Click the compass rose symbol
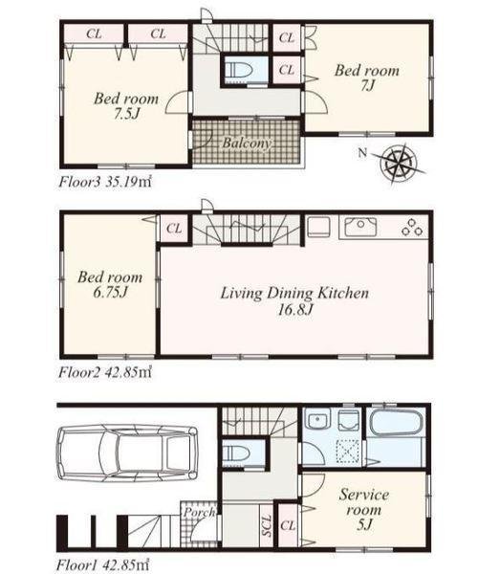coord(400,163)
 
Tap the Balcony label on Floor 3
coord(248,143)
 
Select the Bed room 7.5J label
coord(126,106)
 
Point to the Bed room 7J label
coord(367,77)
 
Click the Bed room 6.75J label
coord(110,284)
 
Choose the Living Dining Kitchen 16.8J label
coord(294,301)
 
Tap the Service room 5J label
coord(364,509)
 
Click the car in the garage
coord(126,453)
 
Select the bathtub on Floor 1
coord(397,424)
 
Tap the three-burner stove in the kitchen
coord(412,227)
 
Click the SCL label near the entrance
coord(267,526)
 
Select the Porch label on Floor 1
coord(199,513)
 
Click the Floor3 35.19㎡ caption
coord(105,182)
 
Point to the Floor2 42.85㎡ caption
coord(105,372)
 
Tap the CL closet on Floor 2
coord(174,229)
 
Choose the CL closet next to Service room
coord(288,525)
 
